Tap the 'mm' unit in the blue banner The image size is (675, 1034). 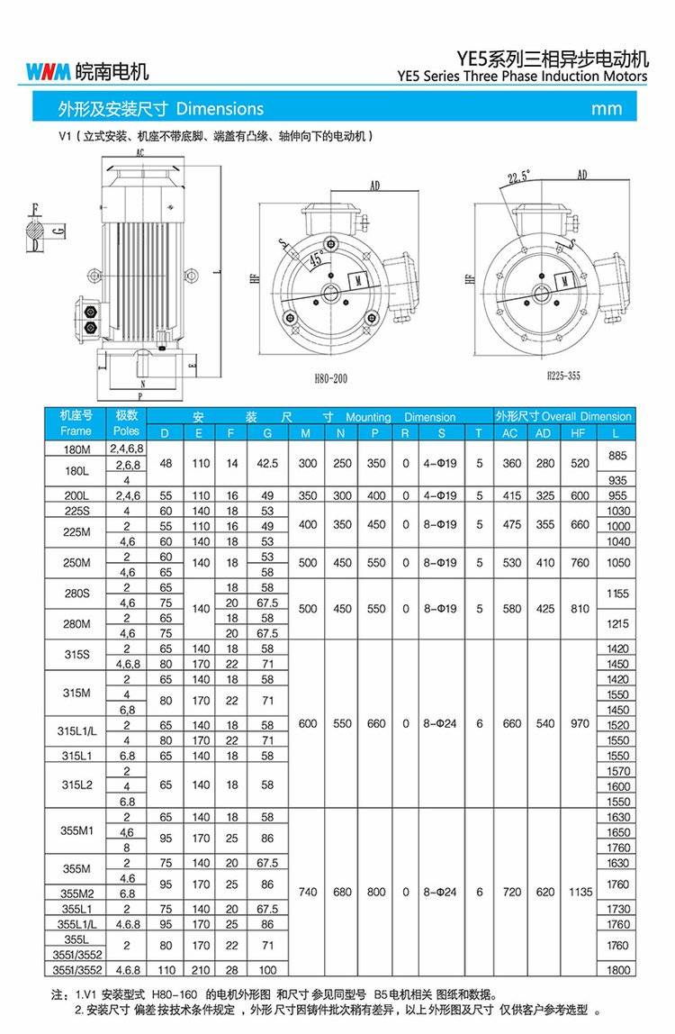607,109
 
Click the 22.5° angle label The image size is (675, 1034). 519,177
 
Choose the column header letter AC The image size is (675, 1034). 510,432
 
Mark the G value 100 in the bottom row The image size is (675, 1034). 267,971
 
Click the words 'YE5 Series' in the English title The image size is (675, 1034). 436,77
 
